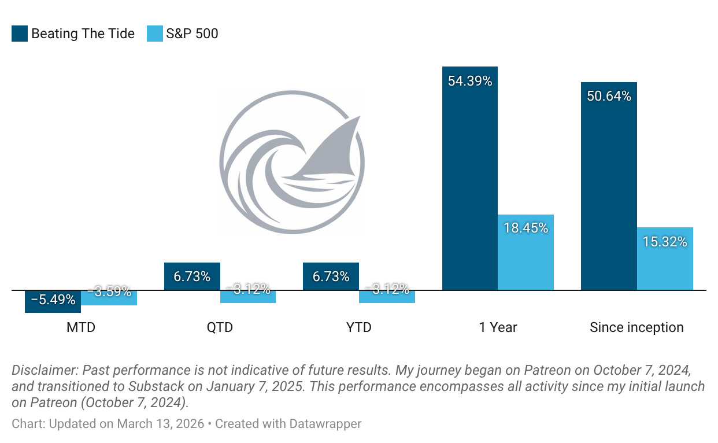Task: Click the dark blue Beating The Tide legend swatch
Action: [x=20, y=34]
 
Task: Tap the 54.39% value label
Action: [x=469, y=81]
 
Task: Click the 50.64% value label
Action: [x=608, y=96]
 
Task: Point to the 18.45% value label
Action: [x=525, y=228]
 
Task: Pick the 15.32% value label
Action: [x=665, y=242]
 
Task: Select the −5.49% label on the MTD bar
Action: [x=53, y=300]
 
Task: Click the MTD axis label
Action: [x=80, y=327]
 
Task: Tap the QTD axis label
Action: [x=220, y=327]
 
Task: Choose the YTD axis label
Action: [x=358, y=327]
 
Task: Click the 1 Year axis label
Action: [x=498, y=327]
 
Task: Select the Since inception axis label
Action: [x=636, y=327]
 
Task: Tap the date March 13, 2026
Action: [x=161, y=423]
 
